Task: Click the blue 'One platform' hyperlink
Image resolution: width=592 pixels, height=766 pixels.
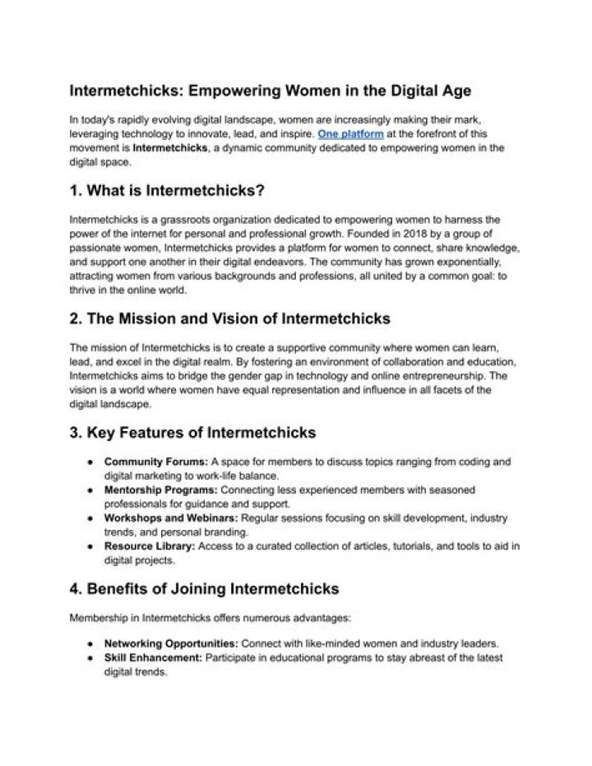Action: click(x=350, y=133)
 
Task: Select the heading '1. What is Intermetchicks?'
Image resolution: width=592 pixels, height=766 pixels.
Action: click(x=167, y=191)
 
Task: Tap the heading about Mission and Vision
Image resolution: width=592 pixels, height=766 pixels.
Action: click(x=230, y=318)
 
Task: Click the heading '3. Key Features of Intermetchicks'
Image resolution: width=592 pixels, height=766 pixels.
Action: click(x=193, y=432)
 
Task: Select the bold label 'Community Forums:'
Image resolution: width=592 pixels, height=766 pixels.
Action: click(x=155, y=462)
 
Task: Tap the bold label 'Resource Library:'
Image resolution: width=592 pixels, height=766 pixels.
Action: click(x=149, y=546)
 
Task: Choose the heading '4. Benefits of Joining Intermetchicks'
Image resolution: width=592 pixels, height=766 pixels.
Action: click(x=205, y=589)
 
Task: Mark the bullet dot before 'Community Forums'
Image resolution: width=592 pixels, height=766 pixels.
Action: click(x=88, y=462)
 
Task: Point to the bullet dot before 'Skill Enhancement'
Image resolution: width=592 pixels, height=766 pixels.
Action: click(x=88, y=658)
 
